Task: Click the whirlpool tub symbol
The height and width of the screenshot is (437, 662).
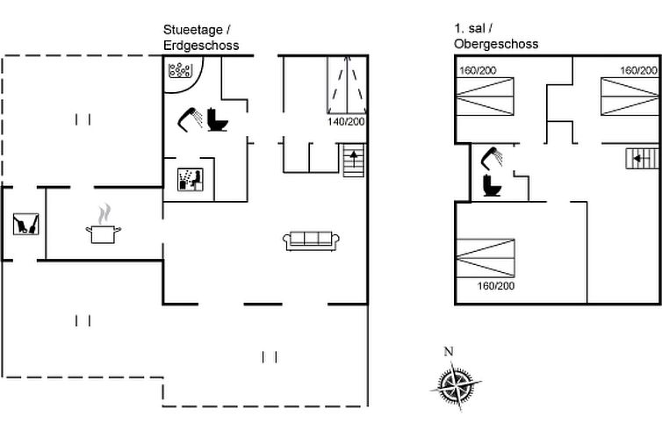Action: coord(180,70)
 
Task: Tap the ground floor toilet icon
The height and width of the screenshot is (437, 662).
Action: coord(218,120)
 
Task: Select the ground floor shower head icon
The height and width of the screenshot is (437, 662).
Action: coord(190,119)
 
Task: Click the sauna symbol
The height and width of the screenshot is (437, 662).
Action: coord(191,179)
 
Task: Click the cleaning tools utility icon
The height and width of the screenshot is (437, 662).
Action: coord(25,224)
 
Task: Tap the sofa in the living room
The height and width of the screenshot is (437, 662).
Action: coord(311,240)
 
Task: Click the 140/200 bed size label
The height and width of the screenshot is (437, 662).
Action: coord(346,121)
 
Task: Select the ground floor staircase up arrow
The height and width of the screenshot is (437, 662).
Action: coord(353,159)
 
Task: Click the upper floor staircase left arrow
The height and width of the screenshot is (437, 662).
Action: coord(639,159)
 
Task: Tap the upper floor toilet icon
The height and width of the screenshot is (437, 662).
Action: coord(492,185)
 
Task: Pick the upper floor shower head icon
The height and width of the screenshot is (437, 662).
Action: coord(492,158)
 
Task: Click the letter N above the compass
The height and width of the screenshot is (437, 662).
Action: coord(449,351)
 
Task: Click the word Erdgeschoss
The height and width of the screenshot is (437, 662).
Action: coord(201,45)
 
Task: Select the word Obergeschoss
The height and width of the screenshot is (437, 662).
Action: coord(496,44)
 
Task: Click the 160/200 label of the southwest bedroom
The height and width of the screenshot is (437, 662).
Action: coord(496,285)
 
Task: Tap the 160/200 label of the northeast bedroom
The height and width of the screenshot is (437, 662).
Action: coord(638,70)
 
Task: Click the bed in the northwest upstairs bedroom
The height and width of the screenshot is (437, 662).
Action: coord(486,97)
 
